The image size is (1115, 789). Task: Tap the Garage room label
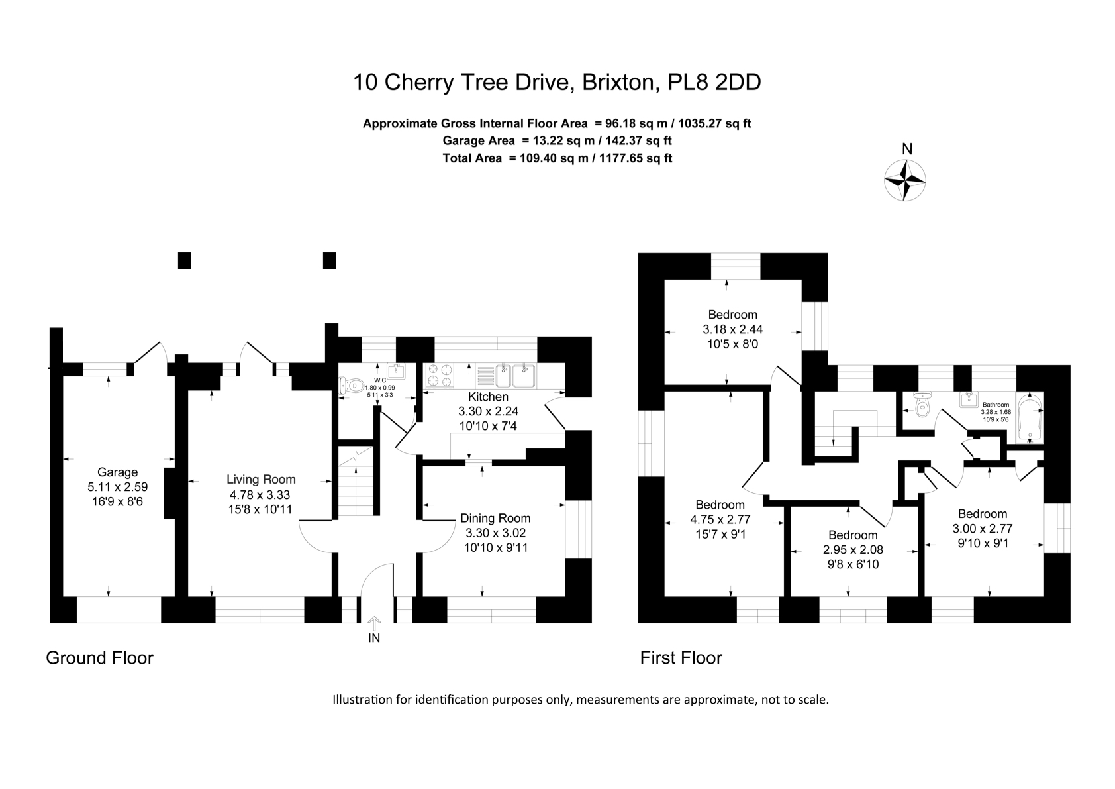pos(117,472)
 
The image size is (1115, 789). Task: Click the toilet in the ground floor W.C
pos(351,385)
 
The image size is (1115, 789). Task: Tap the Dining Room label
pos(495,518)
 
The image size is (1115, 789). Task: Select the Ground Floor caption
pos(99,658)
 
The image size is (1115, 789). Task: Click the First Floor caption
pos(681,658)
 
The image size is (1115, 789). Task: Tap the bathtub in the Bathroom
pos(1028,417)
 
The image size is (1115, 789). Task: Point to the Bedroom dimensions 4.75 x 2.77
pos(720,519)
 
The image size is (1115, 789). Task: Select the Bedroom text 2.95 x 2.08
pos(853,550)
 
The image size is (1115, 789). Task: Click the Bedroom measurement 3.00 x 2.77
pos(982,529)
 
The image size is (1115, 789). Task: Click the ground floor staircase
pos(356,480)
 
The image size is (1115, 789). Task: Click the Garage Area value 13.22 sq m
pos(558,140)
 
